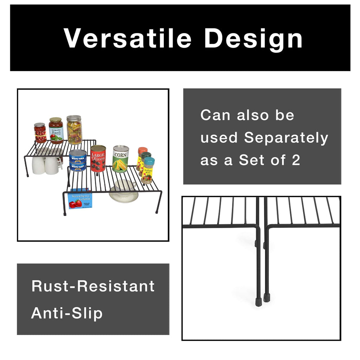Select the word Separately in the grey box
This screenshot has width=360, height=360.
tap(286, 138)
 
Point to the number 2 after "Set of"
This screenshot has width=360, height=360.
tap(296, 160)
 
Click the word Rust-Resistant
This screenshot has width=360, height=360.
tap(93, 286)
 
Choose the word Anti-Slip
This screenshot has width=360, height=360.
tap(67, 313)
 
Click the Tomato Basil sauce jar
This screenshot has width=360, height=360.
tap(56, 131)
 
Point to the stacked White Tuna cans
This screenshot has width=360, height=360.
tap(78, 160)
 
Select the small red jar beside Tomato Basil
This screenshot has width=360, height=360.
tap(40, 133)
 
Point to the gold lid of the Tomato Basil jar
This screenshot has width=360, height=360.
tap(56, 120)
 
